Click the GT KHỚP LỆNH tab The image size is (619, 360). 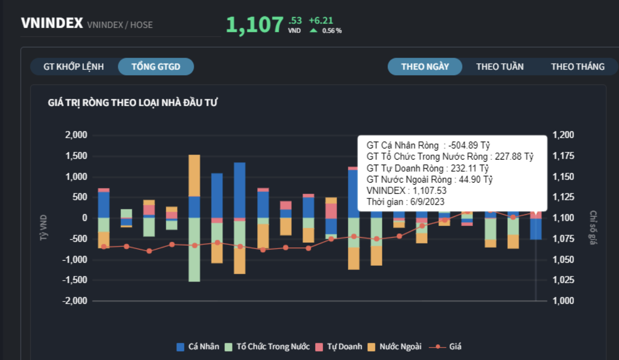pyautogui.click(x=73, y=67)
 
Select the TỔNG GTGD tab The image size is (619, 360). pyautogui.click(x=156, y=67)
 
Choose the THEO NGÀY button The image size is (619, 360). pyautogui.click(x=425, y=67)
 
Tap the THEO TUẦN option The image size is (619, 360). pyautogui.click(x=500, y=67)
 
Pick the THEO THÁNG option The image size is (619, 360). pyautogui.click(x=577, y=67)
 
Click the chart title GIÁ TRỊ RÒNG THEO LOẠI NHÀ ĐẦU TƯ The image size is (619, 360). pyautogui.click(x=133, y=103)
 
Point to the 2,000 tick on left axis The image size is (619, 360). pyautogui.click(x=76, y=135)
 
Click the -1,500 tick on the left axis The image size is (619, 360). pyautogui.click(x=75, y=280)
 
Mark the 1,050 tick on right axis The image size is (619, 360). pyautogui.click(x=563, y=259)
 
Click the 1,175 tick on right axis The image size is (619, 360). pyautogui.click(x=563, y=156)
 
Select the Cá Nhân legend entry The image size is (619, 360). pyautogui.click(x=198, y=347)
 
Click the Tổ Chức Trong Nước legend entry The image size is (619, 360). pyautogui.click(x=268, y=347)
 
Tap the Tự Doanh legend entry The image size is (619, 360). pyautogui.click(x=339, y=347)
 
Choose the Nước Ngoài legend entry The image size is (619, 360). pyautogui.click(x=395, y=347)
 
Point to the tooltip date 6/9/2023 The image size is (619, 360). pyautogui.click(x=427, y=202)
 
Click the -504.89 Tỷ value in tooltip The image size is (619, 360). pyautogui.click(x=469, y=145)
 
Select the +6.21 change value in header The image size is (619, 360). pyautogui.click(x=321, y=20)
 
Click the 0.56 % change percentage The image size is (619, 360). pyautogui.click(x=332, y=31)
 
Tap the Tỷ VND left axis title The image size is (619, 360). pyautogui.click(x=43, y=227)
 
